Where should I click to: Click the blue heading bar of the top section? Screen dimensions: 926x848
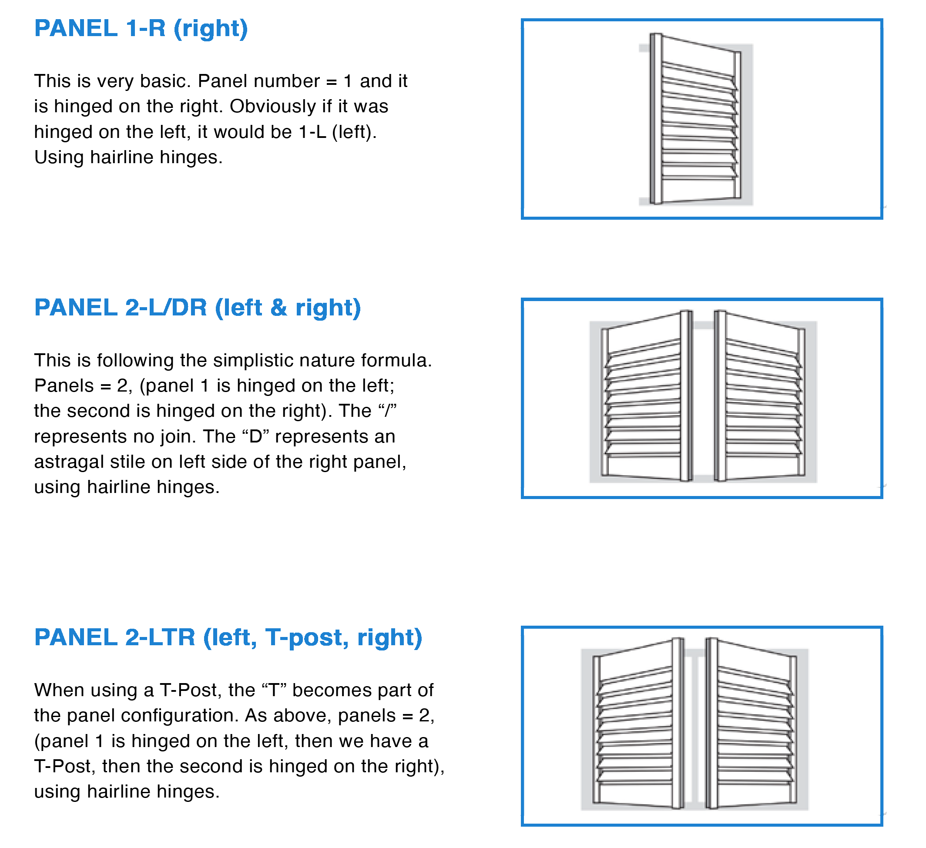click(274, 30)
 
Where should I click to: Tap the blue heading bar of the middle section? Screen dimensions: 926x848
click(274, 309)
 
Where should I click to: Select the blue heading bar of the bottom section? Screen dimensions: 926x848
click(274, 641)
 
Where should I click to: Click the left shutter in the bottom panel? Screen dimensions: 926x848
click(638, 724)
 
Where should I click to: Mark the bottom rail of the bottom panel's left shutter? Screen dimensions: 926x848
click(636, 794)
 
